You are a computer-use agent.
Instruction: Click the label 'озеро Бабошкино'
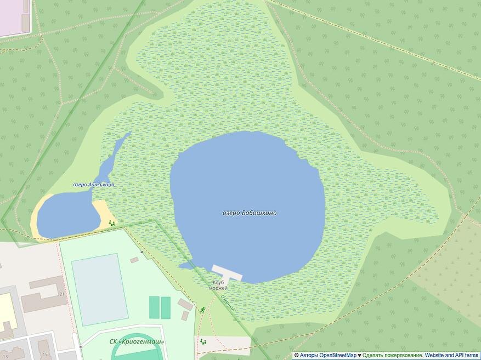pos(250,213)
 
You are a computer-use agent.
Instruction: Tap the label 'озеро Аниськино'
pos(94,184)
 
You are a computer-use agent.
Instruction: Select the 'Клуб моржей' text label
pos(218,285)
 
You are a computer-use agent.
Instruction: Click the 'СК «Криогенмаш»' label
pos(137,342)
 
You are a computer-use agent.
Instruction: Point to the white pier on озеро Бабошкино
pos(227,272)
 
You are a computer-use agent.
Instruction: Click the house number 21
pos(62,294)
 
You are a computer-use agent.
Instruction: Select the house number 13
pos(5,356)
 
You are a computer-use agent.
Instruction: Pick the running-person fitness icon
pos(202,310)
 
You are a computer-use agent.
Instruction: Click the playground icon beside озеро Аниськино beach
pos(112,223)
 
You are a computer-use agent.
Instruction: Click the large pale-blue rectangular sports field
pos(100,288)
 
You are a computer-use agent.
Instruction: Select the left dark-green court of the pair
pos(154,307)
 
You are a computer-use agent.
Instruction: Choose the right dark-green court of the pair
pos(166,307)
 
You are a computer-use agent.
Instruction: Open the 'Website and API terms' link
pos(451,355)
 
